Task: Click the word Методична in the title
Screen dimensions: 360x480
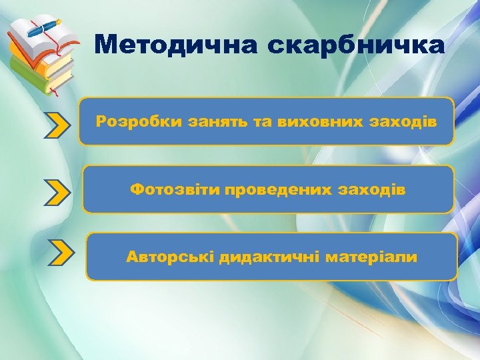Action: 175,45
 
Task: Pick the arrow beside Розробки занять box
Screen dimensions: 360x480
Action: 58,124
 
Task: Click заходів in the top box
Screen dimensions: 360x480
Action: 406,122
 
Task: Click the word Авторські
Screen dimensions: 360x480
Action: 169,257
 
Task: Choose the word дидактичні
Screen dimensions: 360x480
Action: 270,257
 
